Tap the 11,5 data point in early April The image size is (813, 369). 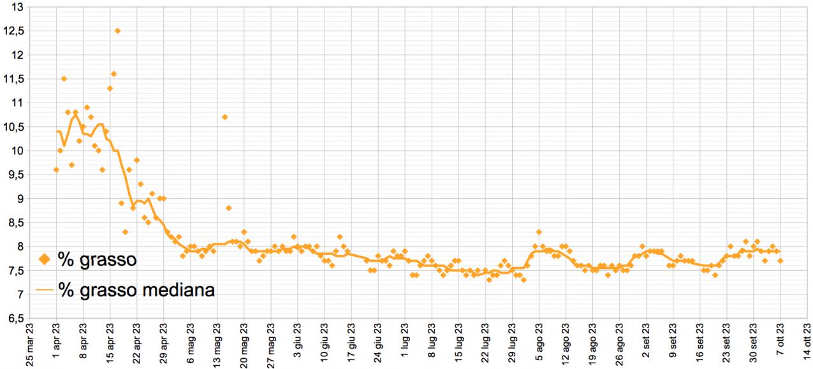pos(64,78)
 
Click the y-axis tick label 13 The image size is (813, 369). pos(18,7)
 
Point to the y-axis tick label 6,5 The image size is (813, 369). pos(15,318)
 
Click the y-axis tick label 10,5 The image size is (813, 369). pos(15,127)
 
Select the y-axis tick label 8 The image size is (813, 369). pos(20,247)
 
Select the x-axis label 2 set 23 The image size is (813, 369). pos(647,347)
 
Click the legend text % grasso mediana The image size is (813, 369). pos(136,290)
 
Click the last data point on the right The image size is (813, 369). pos(780,261)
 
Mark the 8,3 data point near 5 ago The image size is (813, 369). pos(539,232)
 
